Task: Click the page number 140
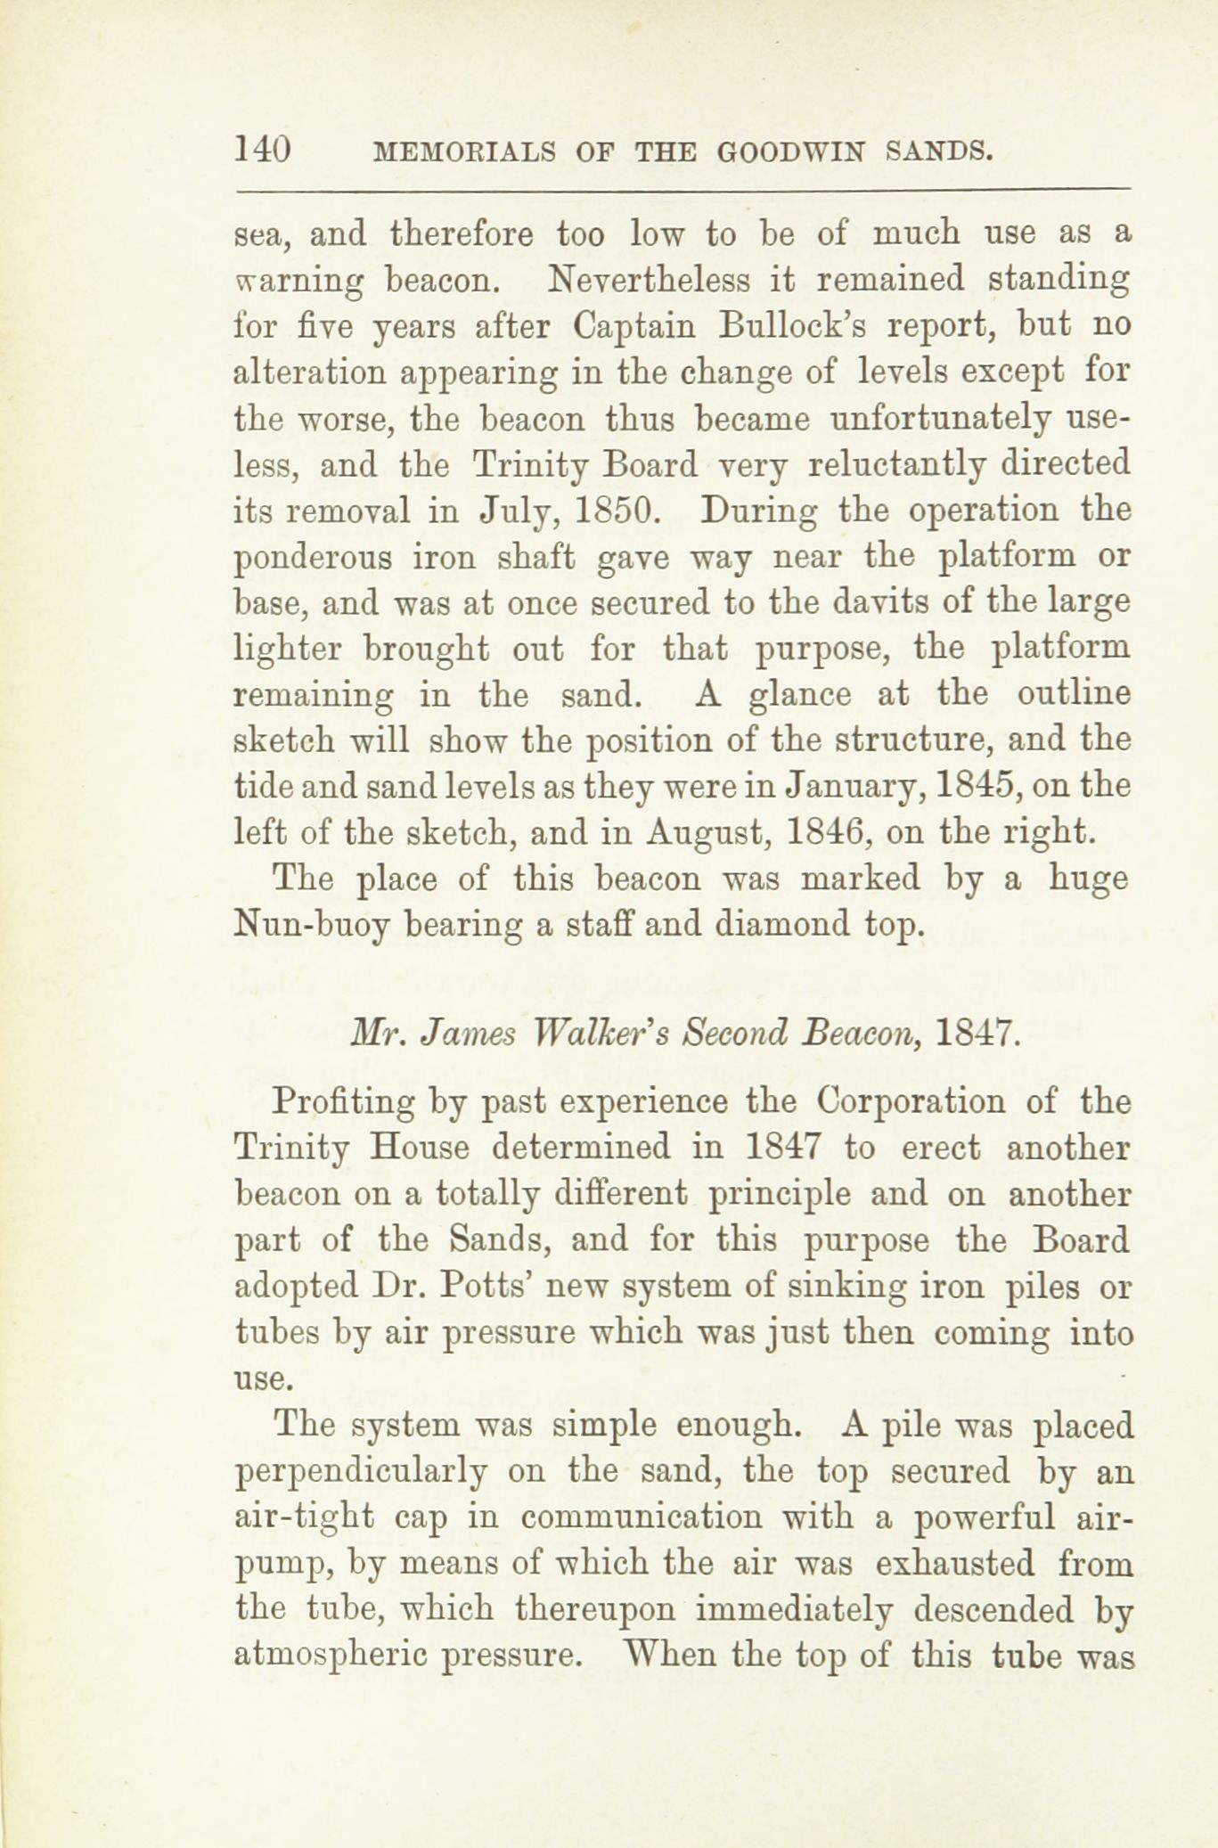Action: coord(262,149)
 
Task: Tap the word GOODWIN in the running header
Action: coord(790,151)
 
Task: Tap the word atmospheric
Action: coord(338,1657)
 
